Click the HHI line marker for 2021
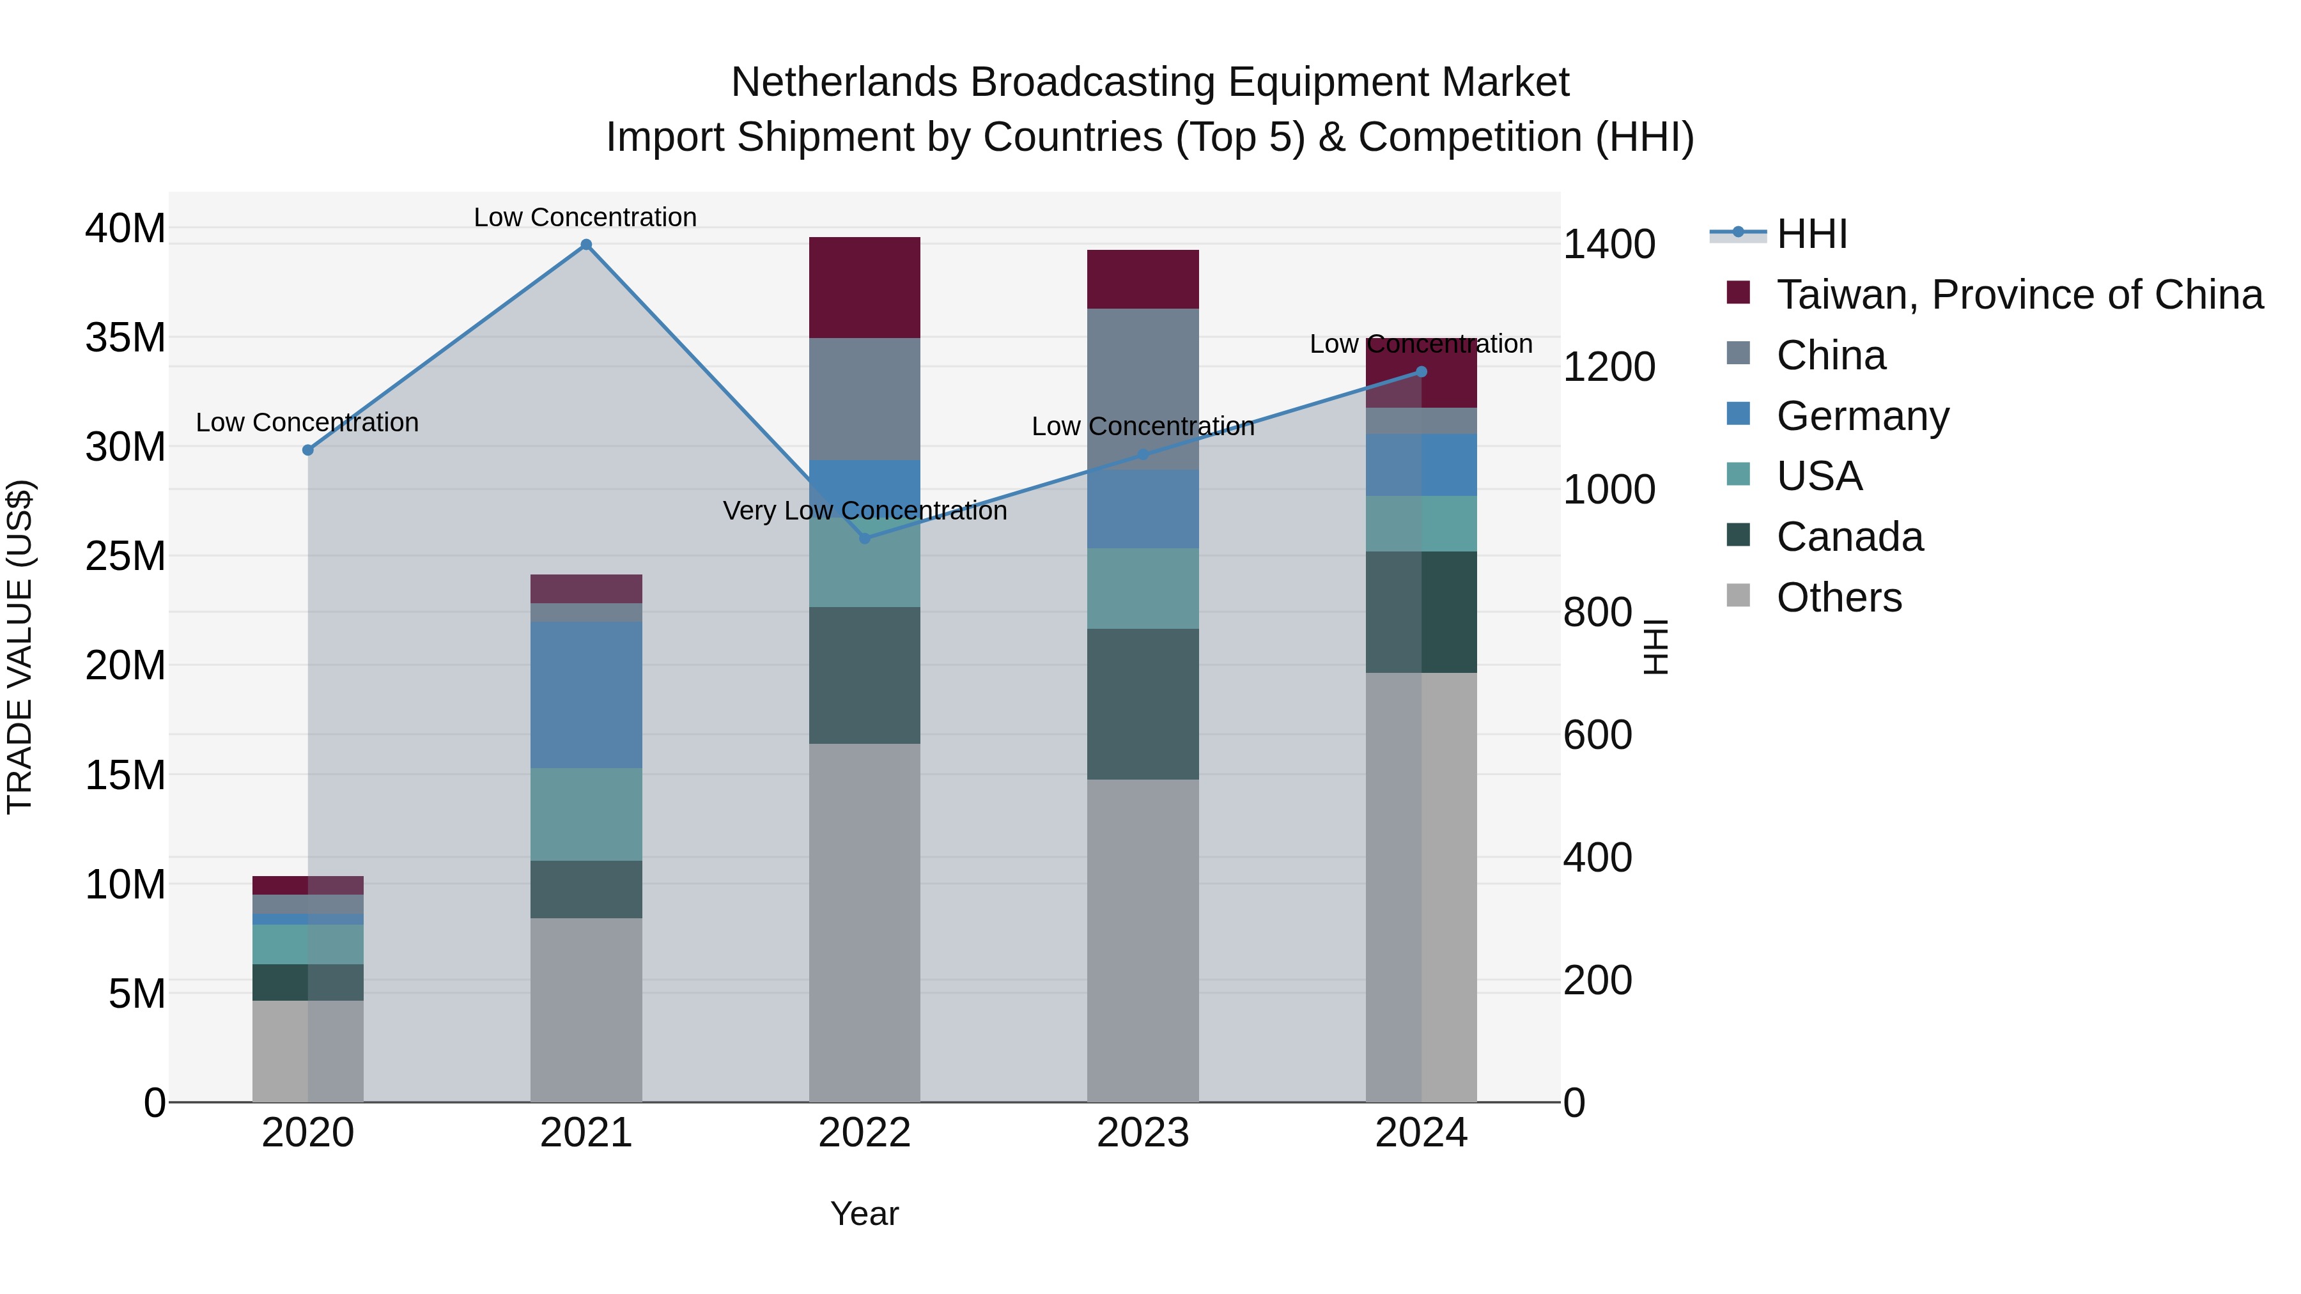click(586, 245)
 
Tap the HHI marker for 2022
click(864, 539)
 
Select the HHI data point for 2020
click(308, 450)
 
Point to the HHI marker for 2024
click(1421, 371)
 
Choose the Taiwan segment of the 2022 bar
click(864, 288)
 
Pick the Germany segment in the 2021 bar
click(586, 695)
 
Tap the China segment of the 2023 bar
click(1142, 389)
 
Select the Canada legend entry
click(1849, 537)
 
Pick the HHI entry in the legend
click(1811, 234)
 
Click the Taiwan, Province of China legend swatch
click(1739, 293)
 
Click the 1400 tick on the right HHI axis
click(1609, 245)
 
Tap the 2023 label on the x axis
click(1142, 1133)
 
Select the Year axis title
click(864, 1213)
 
